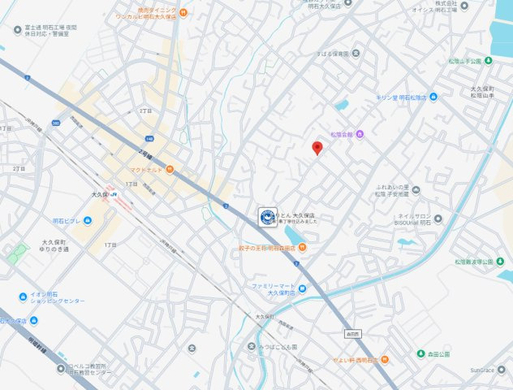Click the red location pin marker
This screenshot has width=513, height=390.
tap(317, 147)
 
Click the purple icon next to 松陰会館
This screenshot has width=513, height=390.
tap(360, 134)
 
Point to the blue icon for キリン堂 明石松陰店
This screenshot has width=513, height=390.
tap(433, 97)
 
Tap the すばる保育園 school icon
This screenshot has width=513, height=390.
tap(355, 54)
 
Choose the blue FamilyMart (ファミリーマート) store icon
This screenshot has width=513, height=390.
tap(302, 288)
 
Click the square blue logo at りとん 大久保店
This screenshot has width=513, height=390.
tap(265, 215)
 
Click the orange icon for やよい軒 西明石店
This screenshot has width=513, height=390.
tap(385, 358)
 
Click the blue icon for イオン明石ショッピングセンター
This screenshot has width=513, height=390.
tap(22, 297)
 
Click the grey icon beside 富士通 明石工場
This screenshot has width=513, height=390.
tap(17, 30)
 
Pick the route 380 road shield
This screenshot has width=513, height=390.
tap(55, 123)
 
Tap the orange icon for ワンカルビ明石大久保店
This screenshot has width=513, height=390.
tap(183, 13)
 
